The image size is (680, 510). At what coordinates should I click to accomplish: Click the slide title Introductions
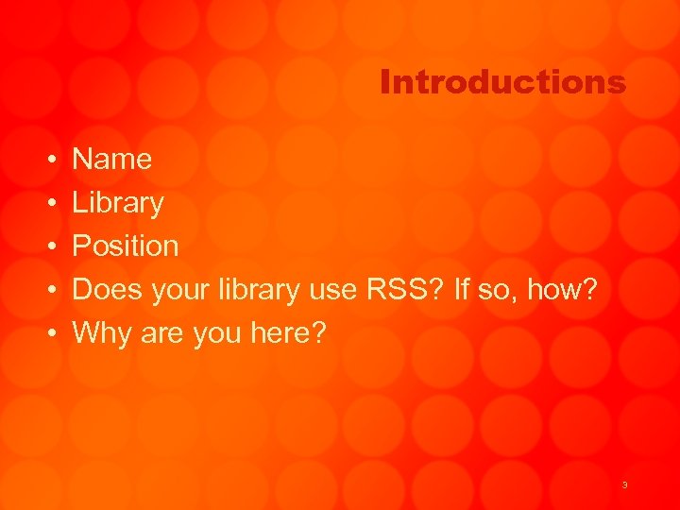(x=502, y=83)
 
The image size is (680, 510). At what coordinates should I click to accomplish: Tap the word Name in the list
(x=112, y=159)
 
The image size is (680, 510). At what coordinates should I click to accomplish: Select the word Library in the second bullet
(x=118, y=203)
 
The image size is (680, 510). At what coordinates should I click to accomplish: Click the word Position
(x=126, y=246)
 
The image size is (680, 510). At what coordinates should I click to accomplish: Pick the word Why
(x=100, y=332)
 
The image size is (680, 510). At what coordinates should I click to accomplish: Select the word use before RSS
(x=331, y=289)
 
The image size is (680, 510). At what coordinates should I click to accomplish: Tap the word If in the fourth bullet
(x=462, y=289)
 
